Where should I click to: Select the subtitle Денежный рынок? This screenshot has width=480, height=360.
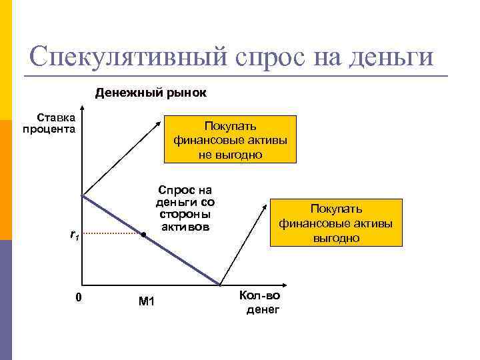151,93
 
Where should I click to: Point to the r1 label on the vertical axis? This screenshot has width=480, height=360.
75,235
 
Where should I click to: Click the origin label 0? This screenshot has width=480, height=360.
78,297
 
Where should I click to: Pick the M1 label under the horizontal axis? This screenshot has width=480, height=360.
146,301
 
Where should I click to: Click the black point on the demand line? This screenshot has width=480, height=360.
143,235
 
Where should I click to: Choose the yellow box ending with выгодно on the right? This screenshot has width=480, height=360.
336,223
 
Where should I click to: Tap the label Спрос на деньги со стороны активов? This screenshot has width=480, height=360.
185,207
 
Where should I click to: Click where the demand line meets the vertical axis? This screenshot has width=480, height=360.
82,195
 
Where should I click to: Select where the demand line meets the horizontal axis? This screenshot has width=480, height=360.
220,285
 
